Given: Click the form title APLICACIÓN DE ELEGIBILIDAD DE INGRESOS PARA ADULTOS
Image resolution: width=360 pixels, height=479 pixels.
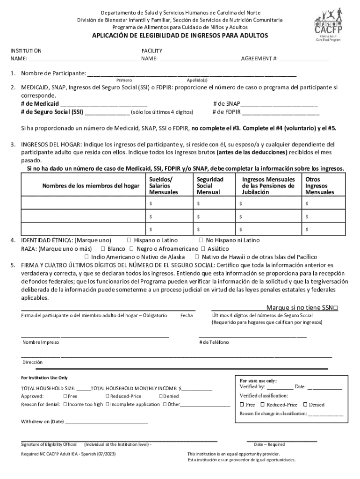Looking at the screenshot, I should point(180,36).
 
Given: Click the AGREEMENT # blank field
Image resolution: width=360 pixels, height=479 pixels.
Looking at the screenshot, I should point(304,59).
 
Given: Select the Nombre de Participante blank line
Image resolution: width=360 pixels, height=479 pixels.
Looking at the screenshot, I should point(192,73).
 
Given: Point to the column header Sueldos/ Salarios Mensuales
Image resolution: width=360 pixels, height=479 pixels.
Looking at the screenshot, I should point(164,186).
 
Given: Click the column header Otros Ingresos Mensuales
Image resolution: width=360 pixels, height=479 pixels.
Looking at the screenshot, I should point(320,186).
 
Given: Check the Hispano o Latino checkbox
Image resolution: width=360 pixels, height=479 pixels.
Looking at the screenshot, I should point(129,240).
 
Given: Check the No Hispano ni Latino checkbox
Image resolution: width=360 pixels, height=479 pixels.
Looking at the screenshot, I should point(201,240).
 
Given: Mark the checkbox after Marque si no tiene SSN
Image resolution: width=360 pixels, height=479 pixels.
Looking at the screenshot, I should point(336,308).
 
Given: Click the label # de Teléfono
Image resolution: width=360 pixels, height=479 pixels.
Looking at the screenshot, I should point(214,342).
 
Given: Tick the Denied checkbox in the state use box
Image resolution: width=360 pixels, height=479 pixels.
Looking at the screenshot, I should point(305,405).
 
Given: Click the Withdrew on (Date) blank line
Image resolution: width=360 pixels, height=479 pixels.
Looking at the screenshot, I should point(107,421).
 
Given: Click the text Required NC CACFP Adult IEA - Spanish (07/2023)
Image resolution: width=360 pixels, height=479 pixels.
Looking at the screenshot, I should point(69,454).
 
